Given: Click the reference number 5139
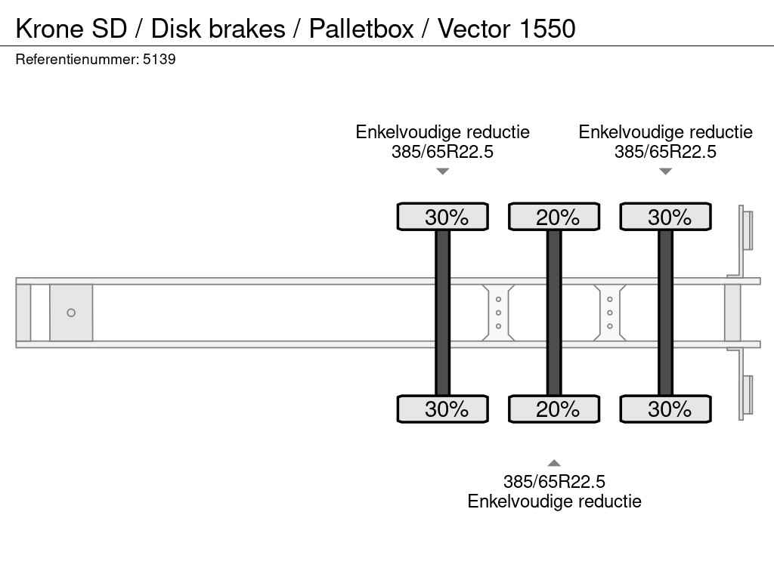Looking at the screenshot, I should click(x=160, y=60).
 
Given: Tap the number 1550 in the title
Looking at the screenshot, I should click(x=547, y=29).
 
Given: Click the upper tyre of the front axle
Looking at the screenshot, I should click(x=443, y=217).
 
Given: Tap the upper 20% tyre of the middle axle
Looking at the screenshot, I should click(x=554, y=217).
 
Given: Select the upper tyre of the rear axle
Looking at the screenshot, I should click(x=665, y=217).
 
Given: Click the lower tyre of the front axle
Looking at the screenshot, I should click(x=443, y=409).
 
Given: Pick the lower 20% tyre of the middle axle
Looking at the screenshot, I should click(x=554, y=409).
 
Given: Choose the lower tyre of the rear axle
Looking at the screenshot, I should click(x=665, y=409).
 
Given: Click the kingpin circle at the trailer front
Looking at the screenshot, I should click(x=71, y=313).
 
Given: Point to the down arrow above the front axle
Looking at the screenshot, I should click(x=443, y=171).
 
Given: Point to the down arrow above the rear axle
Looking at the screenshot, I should click(x=665, y=171).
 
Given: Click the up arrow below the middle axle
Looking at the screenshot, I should click(x=554, y=463).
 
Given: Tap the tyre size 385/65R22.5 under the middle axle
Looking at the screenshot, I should click(x=554, y=482).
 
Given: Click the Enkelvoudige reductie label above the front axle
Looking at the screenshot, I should click(x=443, y=132).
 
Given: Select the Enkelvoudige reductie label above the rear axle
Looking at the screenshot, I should click(x=665, y=132).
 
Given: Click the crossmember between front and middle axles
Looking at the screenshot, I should click(x=498, y=313).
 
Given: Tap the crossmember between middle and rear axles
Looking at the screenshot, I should click(x=610, y=313).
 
